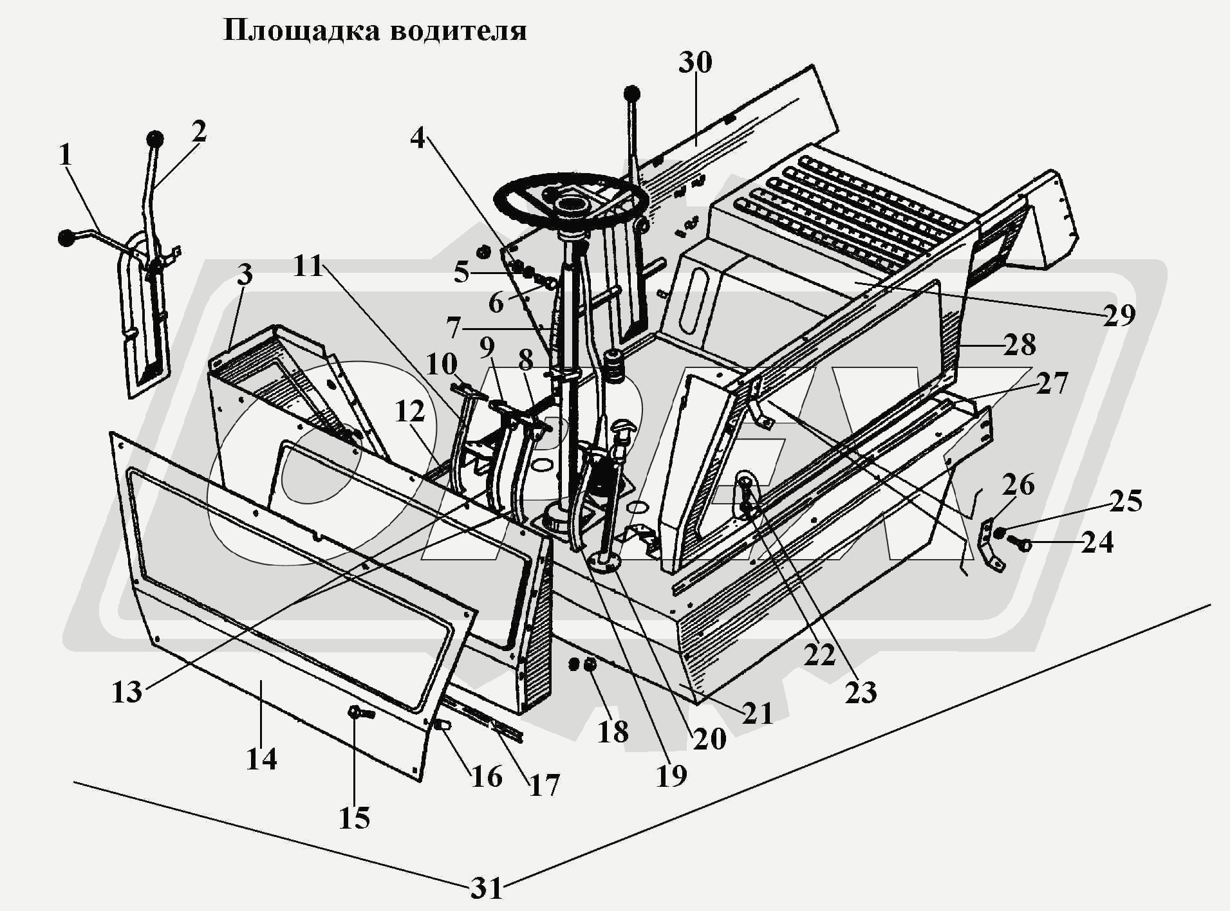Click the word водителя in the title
click(x=458, y=30)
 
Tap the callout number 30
click(x=695, y=63)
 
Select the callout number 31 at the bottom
click(x=486, y=888)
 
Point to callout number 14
click(x=261, y=759)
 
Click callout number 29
click(x=1119, y=315)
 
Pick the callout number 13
click(x=127, y=692)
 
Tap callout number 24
click(x=1097, y=542)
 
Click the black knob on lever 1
click(x=66, y=238)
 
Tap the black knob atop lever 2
click(x=154, y=139)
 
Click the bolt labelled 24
click(x=1021, y=544)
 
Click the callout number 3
click(x=244, y=275)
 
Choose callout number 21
click(x=758, y=713)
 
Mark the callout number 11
click(x=308, y=266)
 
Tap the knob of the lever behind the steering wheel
click(x=632, y=94)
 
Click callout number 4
click(x=418, y=138)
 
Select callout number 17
click(x=544, y=785)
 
